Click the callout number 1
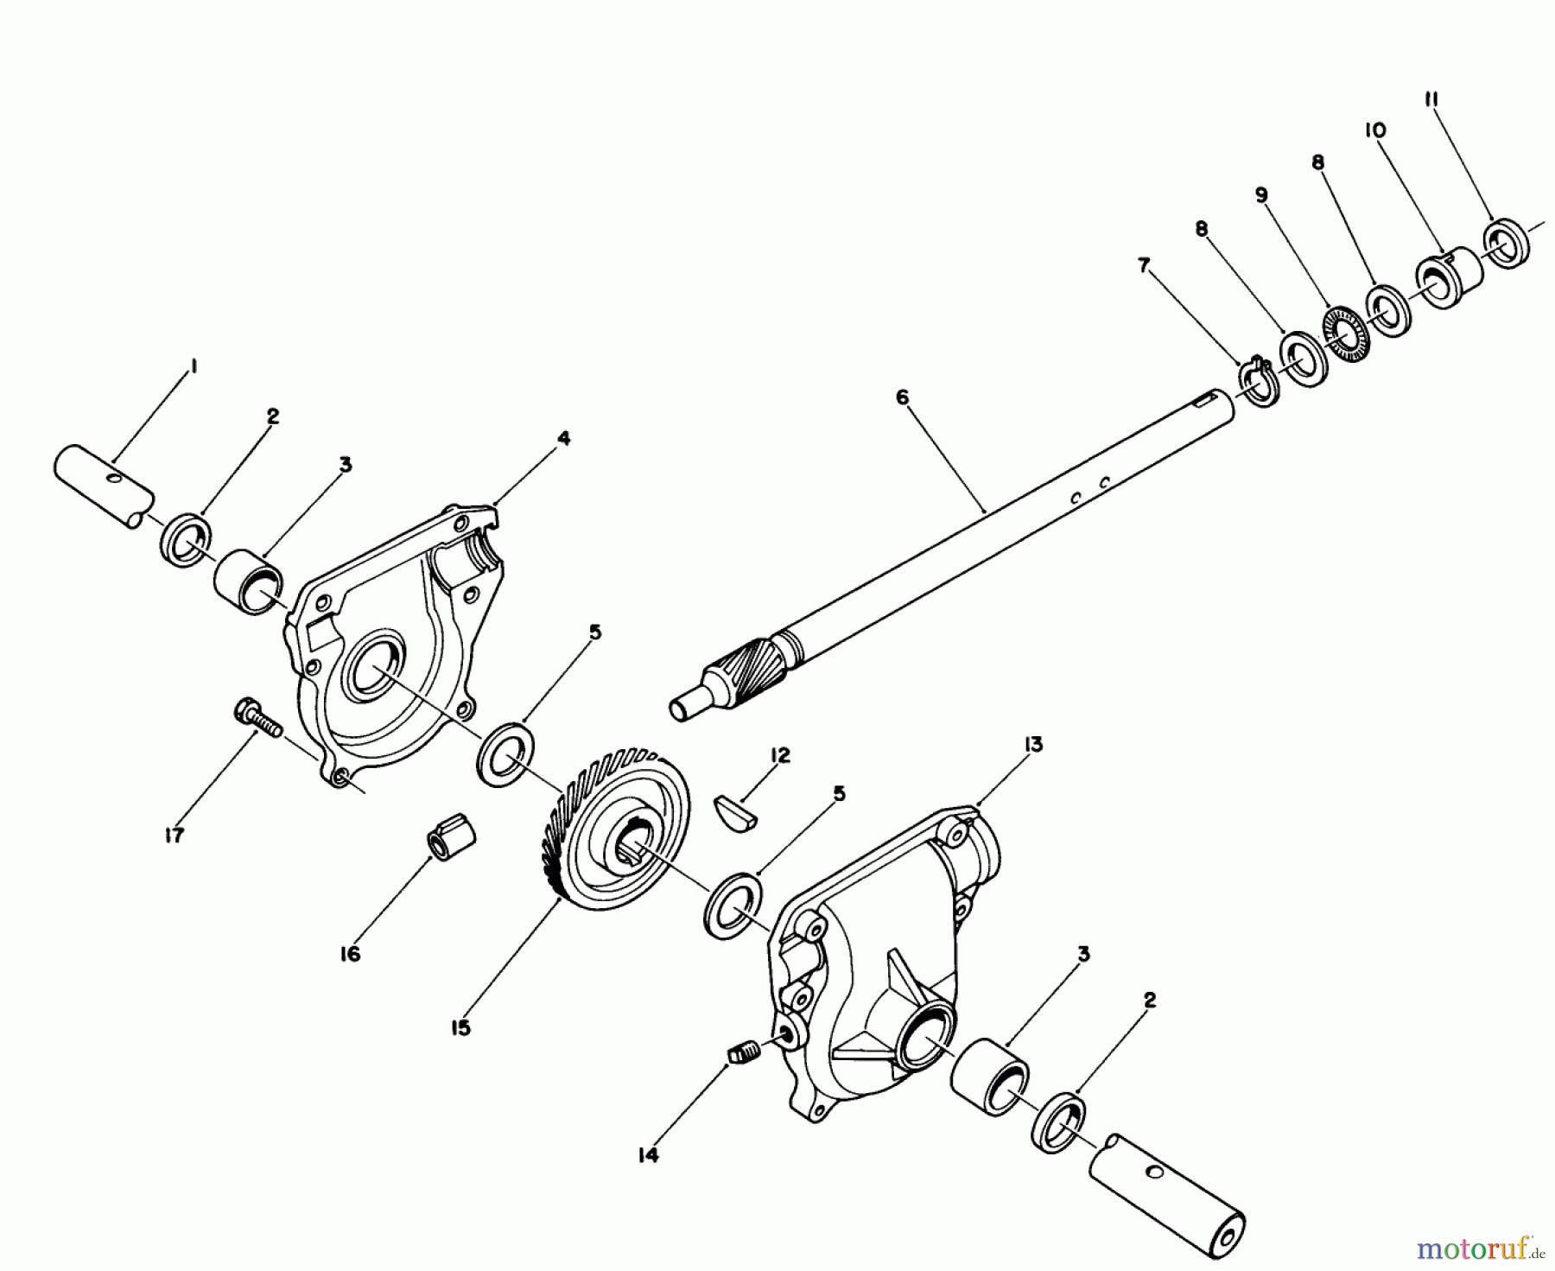(194, 366)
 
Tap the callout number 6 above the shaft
(902, 397)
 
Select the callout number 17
(175, 836)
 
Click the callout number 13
(1033, 745)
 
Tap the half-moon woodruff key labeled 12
(734, 813)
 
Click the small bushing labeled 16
(452, 841)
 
